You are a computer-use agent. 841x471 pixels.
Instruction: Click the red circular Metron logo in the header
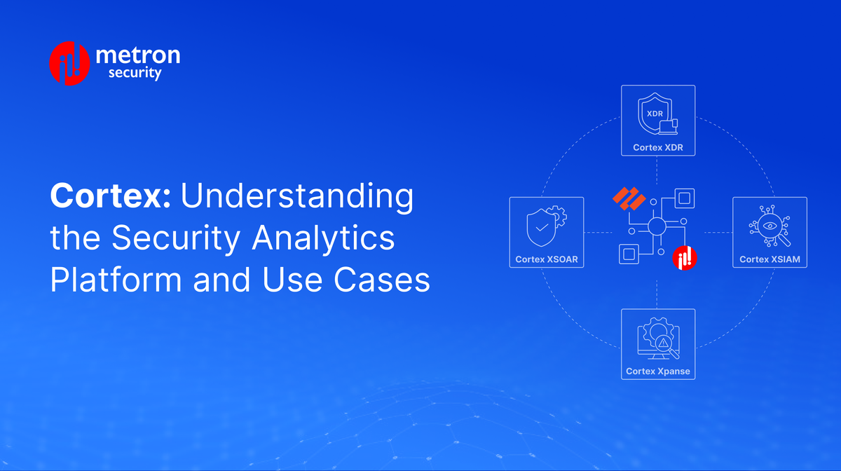coord(69,63)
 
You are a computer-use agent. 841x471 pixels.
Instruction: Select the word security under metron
coord(135,73)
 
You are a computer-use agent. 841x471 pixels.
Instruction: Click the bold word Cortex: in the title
coord(110,196)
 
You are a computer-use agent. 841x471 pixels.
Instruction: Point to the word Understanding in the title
coord(297,196)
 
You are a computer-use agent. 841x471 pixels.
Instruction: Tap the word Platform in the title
coord(117,280)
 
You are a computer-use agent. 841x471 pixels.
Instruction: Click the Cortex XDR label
coord(657,147)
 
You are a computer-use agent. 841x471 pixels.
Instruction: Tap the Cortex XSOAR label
coord(545,259)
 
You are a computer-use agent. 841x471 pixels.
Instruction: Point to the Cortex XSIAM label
coord(770,259)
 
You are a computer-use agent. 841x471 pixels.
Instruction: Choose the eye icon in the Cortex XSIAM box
coord(768,226)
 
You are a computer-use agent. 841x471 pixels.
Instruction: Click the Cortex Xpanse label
coord(657,371)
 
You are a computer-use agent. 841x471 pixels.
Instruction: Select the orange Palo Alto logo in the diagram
coord(629,198)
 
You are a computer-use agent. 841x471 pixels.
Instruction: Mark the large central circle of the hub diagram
coord(657,226)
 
